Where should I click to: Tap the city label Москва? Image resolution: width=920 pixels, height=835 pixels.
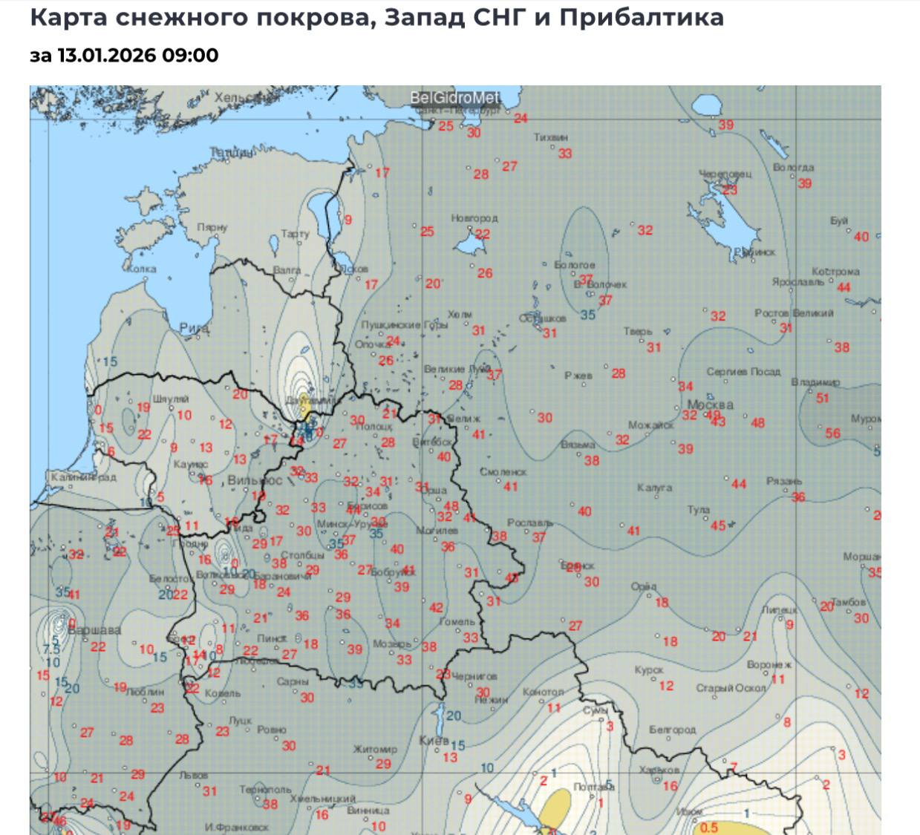[710, 405]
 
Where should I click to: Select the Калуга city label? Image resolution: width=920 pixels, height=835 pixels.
[654, 488]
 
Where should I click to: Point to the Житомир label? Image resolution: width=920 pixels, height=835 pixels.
[375, 750]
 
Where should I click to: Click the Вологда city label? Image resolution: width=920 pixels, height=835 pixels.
[793, 168]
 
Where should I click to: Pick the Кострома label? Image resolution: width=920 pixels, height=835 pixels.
[835, 272]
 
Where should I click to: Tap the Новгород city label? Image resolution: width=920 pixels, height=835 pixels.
[474, 218]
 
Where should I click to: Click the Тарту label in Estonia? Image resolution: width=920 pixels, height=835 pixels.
[295, 235]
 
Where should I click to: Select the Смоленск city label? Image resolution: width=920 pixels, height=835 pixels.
[503, 472]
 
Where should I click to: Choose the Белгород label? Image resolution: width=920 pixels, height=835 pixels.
[672, 730]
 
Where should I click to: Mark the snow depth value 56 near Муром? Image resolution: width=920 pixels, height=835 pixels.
[832, 433]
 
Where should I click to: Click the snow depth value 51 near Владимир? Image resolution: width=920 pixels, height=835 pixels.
[822, 398]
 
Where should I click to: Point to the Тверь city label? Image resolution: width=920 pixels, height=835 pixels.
[638, 332]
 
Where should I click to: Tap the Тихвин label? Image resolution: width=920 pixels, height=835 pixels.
[551, 137]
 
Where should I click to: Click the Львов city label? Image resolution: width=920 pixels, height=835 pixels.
[194, 775]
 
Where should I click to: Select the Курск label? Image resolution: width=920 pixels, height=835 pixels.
[649, 670]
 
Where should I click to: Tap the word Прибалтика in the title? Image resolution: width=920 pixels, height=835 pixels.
[642, 17]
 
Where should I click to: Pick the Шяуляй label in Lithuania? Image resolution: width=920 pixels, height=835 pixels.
[171, 399]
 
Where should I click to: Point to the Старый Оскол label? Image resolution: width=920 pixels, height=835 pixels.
[731, 688]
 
